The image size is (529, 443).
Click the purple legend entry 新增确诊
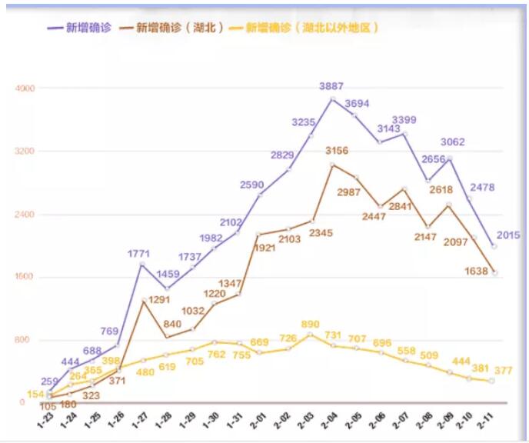click(80, 28)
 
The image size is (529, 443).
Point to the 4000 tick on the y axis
click(26, 88)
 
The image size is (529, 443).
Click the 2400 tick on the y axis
click(26, 214)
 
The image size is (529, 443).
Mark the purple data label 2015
click(509, 235)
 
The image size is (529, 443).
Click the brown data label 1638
click(477, 271)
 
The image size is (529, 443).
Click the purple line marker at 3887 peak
click(333, 98)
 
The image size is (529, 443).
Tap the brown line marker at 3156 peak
click(332, 165)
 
